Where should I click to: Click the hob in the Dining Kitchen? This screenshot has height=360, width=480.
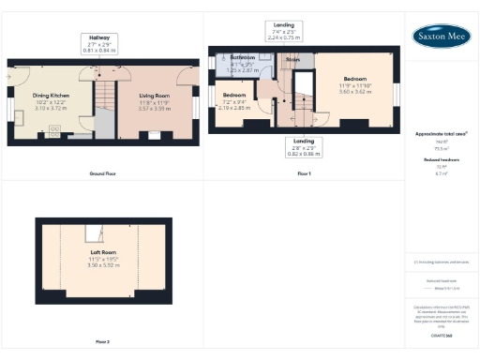click(54, 129)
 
